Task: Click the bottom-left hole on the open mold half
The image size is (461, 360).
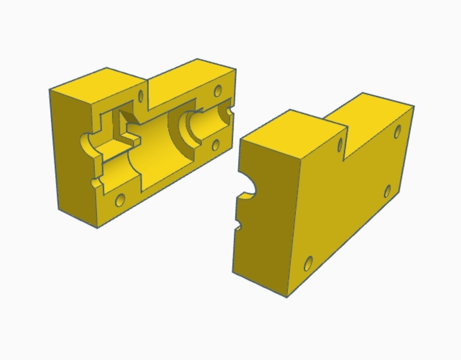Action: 120,200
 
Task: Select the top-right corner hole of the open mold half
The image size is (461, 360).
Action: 218,91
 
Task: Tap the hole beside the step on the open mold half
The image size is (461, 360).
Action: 140,96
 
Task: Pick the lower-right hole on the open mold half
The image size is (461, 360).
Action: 216,145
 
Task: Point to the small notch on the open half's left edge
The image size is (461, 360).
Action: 95,183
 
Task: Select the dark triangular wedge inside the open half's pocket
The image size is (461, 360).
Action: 130,118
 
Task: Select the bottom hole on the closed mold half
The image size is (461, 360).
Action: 308,263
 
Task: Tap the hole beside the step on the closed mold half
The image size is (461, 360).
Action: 340,144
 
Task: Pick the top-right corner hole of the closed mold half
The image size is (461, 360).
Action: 398,132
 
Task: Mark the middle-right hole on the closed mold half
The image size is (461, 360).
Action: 388,192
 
